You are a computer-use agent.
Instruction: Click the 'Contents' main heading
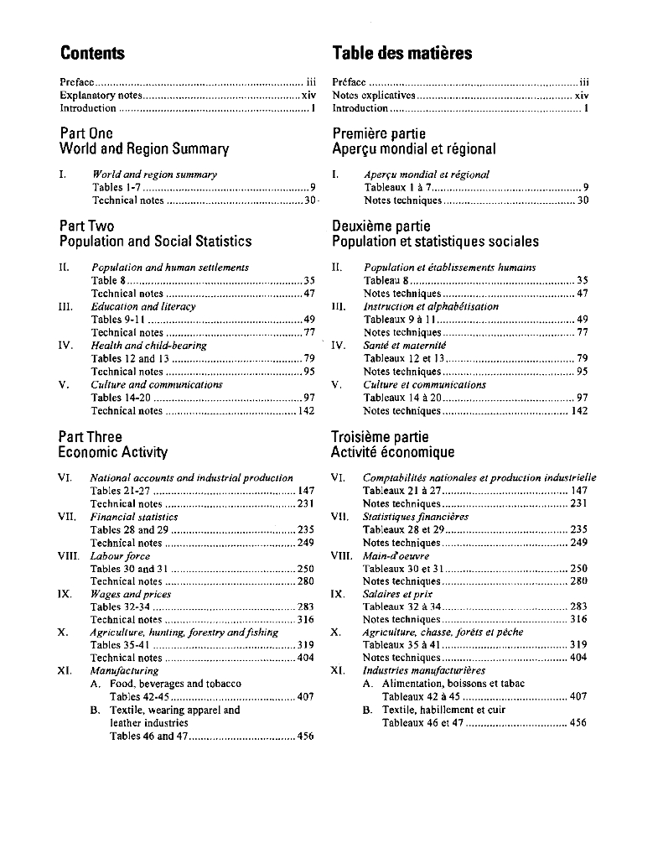pyautogui.click(x=92, y=54)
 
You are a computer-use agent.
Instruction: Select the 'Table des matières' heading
pyautogui.click(x=401, y=54)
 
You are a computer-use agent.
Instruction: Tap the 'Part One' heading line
pyautogui.click(x=86, y=133)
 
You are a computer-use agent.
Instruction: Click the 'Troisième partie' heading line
pyautogui.click(x=380, y=437)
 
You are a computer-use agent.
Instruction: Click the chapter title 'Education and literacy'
pyautogui.click(x=143, y=306)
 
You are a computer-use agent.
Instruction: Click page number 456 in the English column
pyautogui.click(x=305, y=736)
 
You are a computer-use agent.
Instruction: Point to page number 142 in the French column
pyautogui.click(x=579, y=411)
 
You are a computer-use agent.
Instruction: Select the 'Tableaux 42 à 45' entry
pyautogui.click(x=421, y=696)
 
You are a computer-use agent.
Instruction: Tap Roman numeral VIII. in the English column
pyautogui.click(x=68, y=555)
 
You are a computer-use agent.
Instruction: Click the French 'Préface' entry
pyautogui.click(x=349, y=82)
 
